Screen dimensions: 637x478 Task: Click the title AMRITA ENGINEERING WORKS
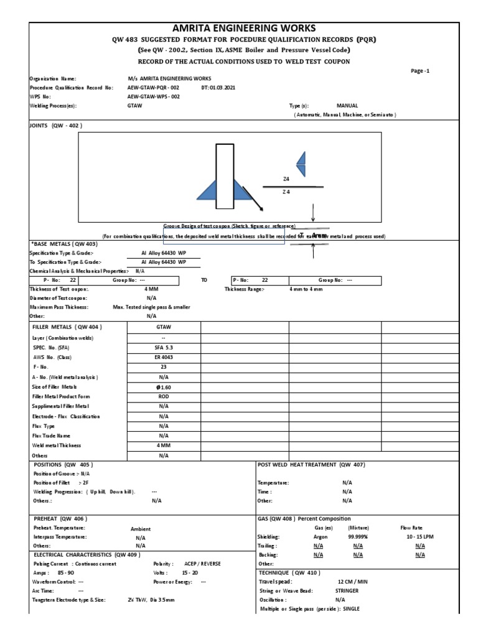pyautogui.click(x=239, y=28)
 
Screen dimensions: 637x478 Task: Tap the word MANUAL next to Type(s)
pyautogui.click(x=347, y=106)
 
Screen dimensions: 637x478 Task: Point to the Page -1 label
pyautogui.click(x=420, y=71)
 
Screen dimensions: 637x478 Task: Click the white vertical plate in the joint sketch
pyautogui.click(x=224, y=176)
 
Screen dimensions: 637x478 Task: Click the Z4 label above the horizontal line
pyautogui.click(x=286, y=179)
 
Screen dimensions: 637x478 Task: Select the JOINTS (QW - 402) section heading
pyautogui.click(x=56, y=125)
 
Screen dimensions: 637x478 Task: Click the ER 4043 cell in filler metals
pyautogui.click(x=164, y=357)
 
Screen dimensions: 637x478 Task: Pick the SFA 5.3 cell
pyautogui.click(x=164, y=347)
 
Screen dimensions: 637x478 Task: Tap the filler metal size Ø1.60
pyautogui.click(x=164, y=387)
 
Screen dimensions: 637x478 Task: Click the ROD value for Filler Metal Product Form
pyautogui.click(x=164, y=396)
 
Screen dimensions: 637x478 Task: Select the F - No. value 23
pyautogui.click(x=164, y=367)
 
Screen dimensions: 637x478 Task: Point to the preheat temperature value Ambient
pyautogui.click(x=141, y=529)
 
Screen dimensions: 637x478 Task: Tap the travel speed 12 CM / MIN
pyautogui.click(x=352, y=581)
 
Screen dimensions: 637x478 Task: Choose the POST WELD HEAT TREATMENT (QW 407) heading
pyautogui.click(x=311, y=465)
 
